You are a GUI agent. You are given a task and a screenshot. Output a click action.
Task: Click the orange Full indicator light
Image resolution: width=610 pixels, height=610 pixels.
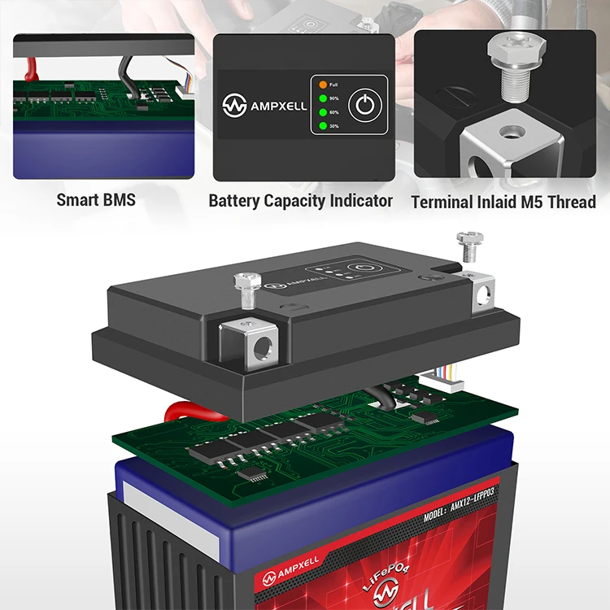(x=323, y=85)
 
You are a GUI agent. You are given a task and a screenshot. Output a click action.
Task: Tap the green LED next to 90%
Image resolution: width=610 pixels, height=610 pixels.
(x=323, y=98)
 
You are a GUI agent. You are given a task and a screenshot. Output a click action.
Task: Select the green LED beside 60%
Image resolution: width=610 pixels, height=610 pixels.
(x=323, y=112)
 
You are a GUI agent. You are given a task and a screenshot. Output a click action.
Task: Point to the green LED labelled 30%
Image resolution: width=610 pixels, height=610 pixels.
(x=323, y=126)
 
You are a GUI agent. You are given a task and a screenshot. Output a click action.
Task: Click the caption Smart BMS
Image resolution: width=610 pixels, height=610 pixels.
(x=96, y=199)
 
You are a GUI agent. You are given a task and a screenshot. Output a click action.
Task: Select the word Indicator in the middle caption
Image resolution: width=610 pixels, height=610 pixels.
(x=355, y=200)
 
